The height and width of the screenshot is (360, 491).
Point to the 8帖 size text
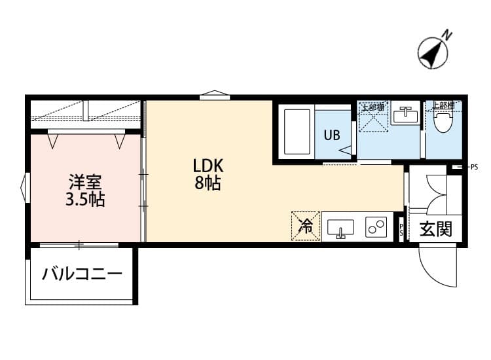click(207, 184)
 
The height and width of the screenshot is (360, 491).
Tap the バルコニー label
click(82, 274)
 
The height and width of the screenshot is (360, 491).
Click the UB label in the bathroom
click(331, 136)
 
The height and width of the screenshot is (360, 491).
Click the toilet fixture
click(444, 120)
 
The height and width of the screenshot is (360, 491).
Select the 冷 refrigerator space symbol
click(306, 226)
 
